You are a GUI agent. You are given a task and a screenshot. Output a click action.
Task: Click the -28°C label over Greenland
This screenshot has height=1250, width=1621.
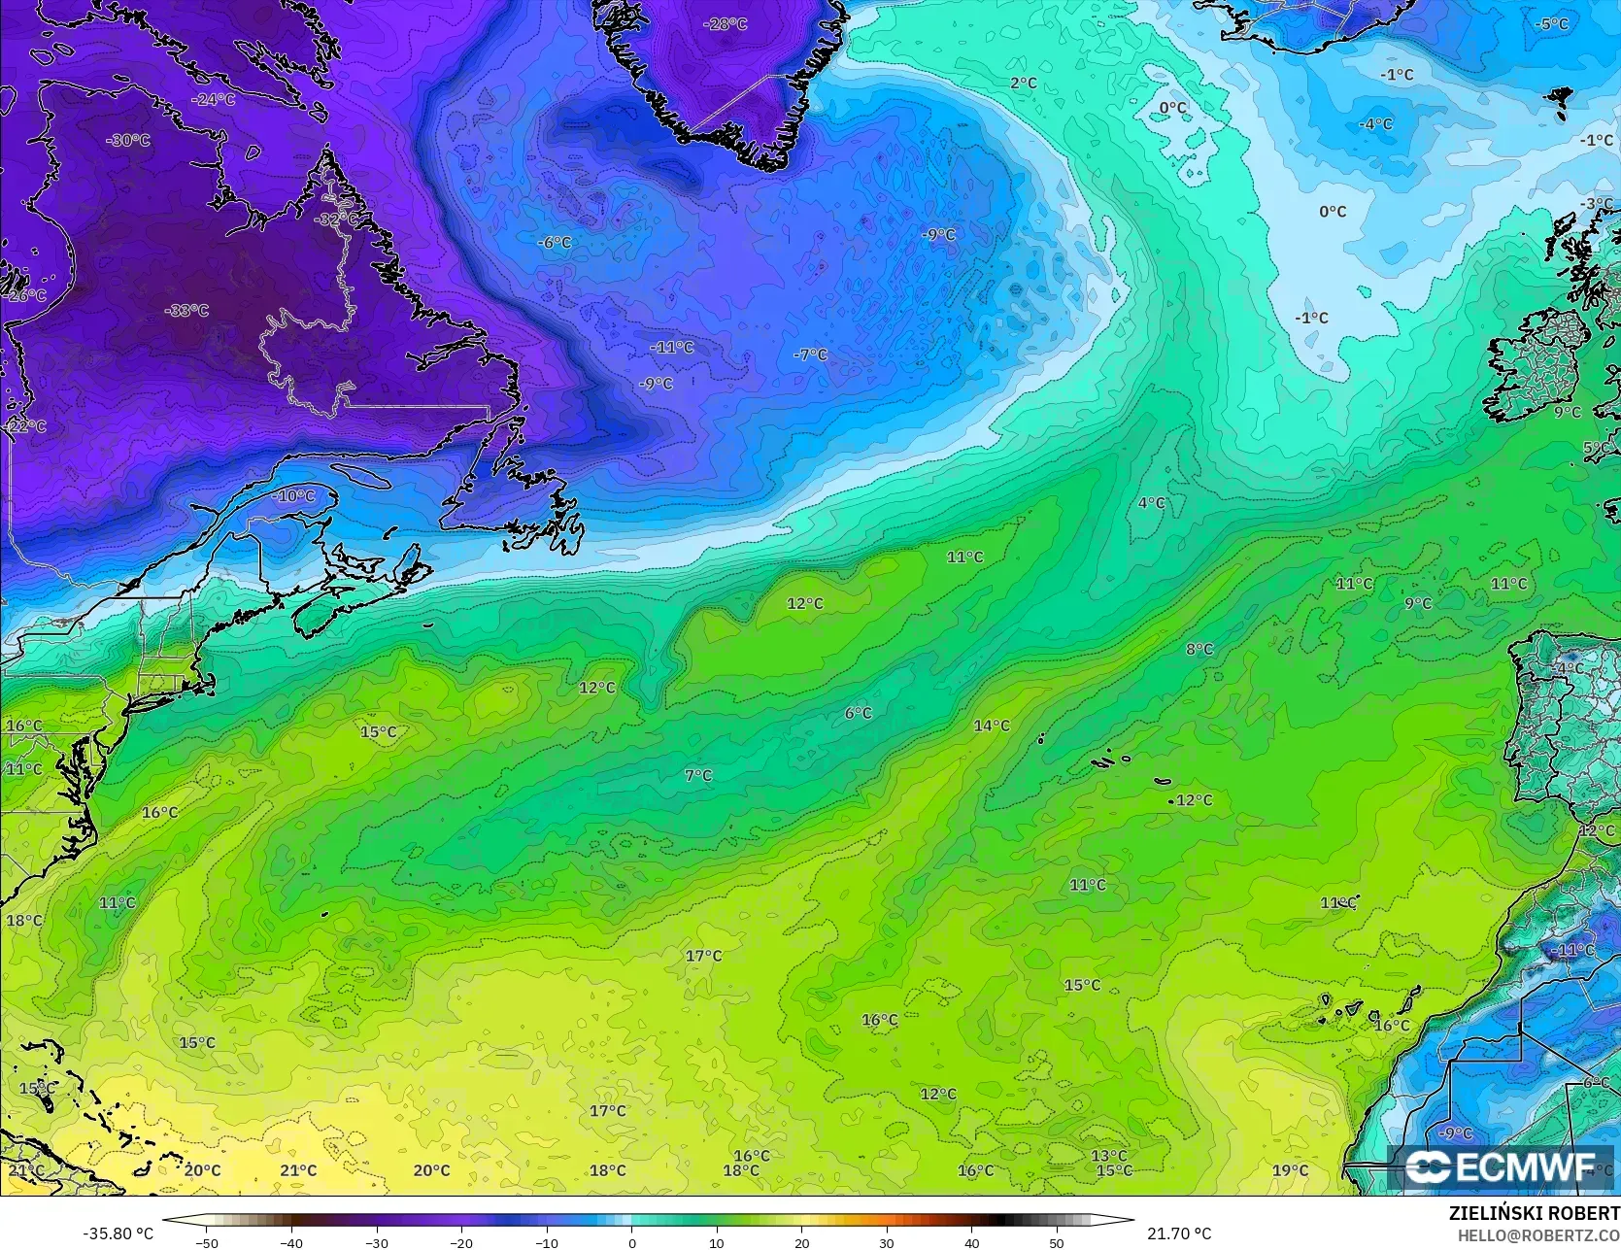(726, 23)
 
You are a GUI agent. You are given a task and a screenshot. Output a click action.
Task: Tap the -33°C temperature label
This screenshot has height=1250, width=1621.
(188, 311)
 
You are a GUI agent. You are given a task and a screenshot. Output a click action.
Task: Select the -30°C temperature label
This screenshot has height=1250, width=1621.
(129, 141)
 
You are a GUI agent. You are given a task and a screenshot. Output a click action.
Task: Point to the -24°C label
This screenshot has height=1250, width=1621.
(214, 99)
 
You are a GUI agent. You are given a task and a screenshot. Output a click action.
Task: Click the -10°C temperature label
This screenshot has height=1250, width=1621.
(295, 496)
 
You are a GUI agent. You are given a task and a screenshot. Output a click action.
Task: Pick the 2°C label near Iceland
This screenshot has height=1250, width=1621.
(1024, 84)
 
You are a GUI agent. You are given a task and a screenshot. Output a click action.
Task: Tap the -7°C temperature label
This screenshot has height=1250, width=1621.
(810, 355)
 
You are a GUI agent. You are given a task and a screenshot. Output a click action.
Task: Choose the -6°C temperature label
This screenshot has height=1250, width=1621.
(555, 242)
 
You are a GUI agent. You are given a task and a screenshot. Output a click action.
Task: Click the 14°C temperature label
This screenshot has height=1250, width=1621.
(992, 726)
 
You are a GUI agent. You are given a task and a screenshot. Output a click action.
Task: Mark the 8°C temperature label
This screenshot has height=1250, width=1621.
(1199, 650)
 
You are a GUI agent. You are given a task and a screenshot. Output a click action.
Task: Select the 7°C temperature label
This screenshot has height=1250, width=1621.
(698, 776)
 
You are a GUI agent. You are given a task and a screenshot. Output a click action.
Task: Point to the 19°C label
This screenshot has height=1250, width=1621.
(1291, 1170)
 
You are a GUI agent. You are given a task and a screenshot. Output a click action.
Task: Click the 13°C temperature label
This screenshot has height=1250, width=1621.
(1108, 1156)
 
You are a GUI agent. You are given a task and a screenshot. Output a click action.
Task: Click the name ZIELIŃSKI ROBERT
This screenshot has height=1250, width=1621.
(1534, 1213)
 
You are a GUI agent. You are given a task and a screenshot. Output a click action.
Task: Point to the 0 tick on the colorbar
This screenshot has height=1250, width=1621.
(632, 1242)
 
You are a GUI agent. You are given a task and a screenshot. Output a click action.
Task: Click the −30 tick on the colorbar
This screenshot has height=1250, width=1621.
(377, 1242)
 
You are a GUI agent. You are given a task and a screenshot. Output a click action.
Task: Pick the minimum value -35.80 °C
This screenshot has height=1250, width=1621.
(118, 1233)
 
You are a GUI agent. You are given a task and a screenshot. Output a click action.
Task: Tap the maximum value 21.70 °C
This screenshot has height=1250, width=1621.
(1179, 1233)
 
